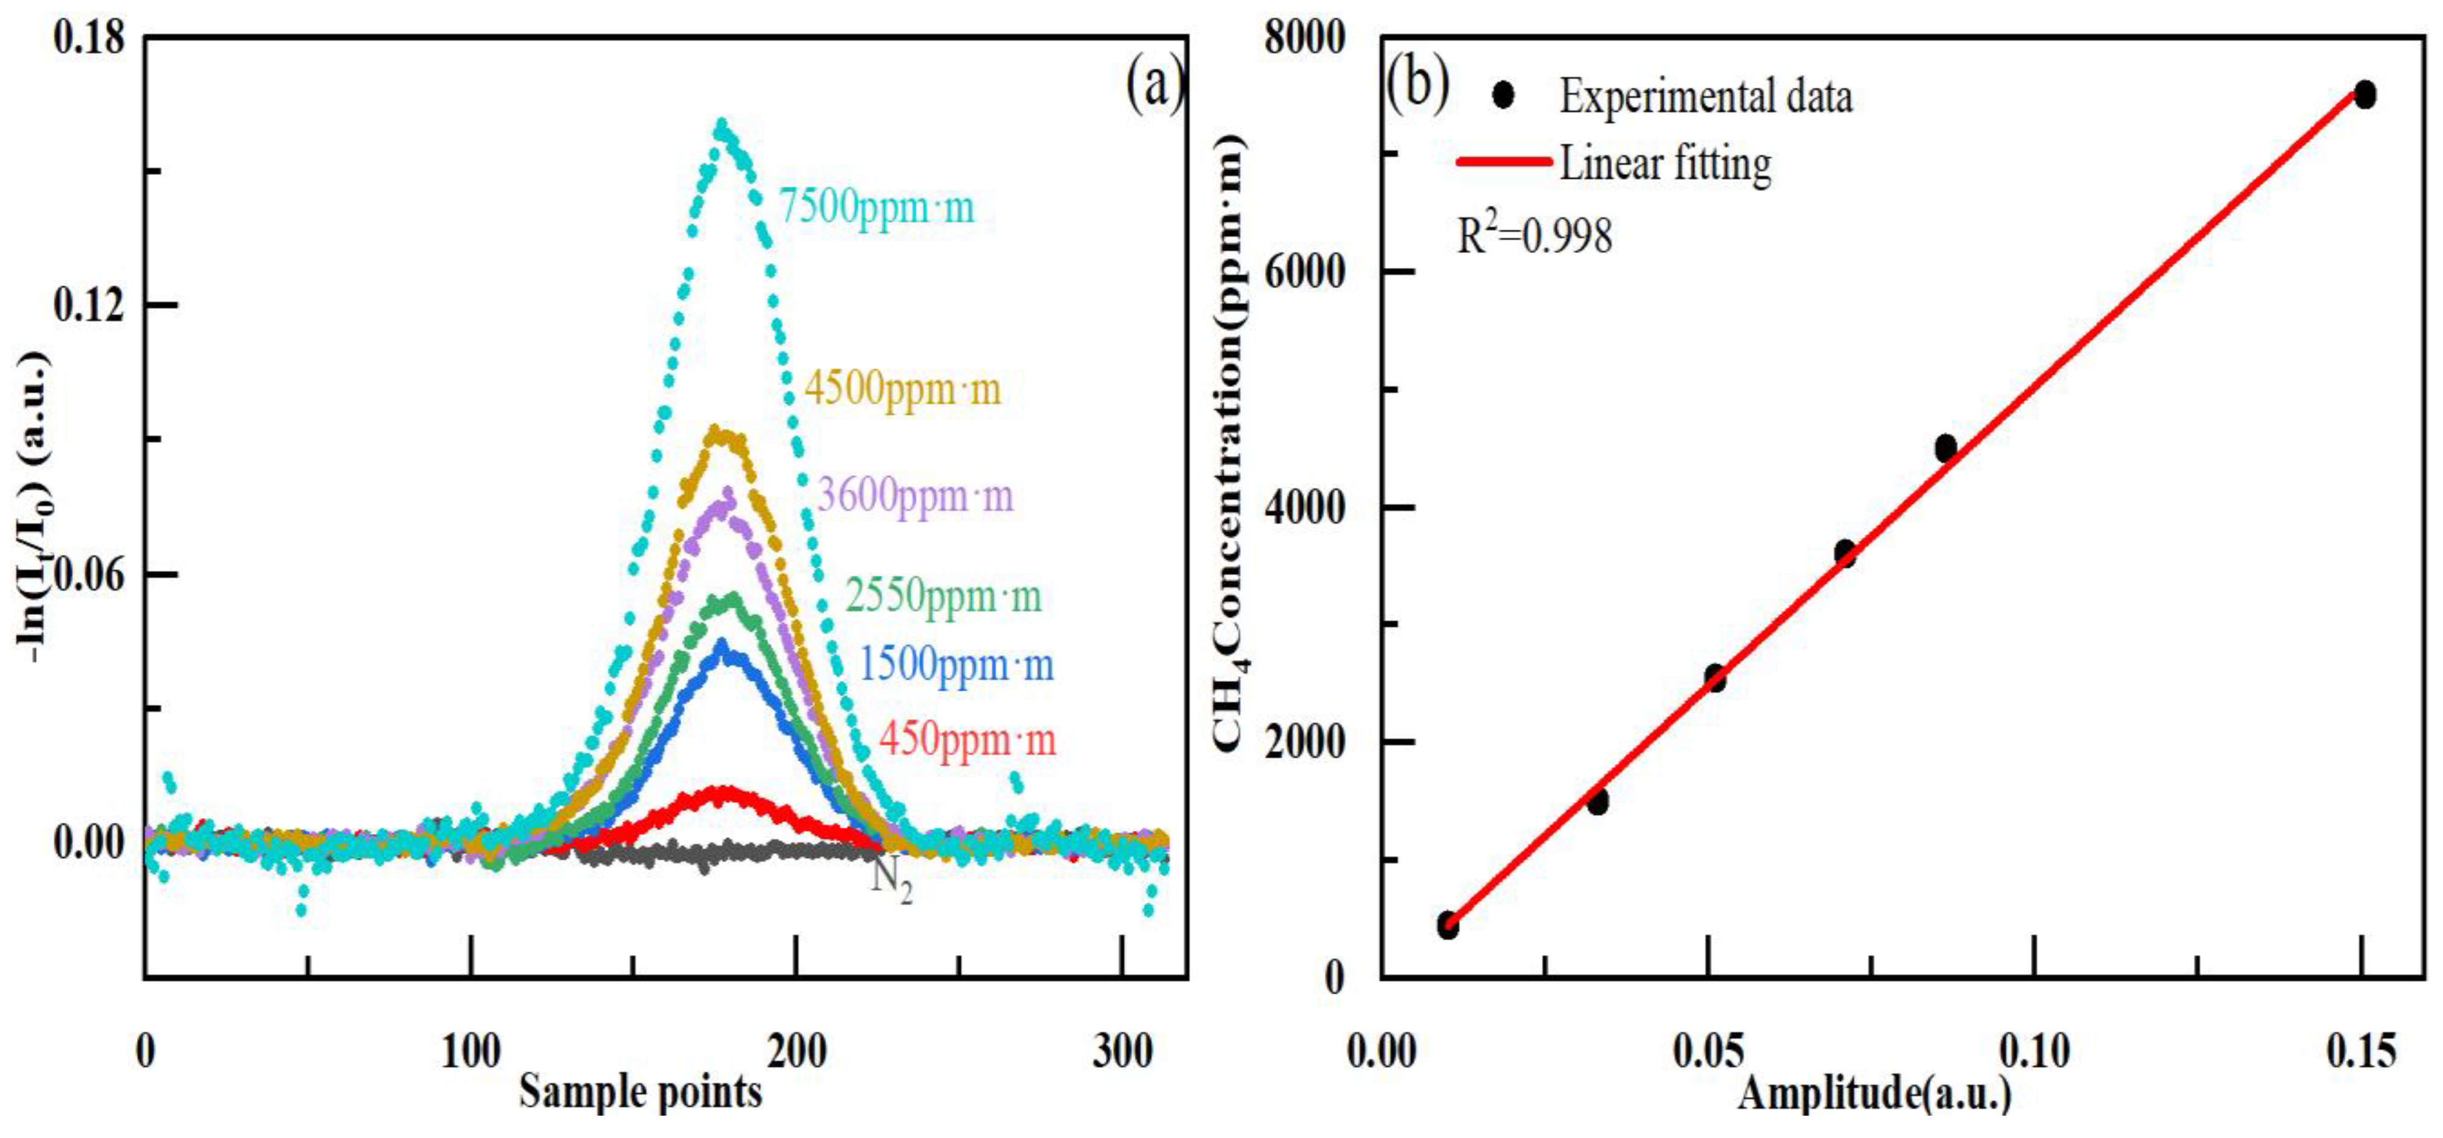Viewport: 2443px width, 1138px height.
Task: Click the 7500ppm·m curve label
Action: click(876, 207)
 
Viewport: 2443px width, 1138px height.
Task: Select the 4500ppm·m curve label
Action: click(902, 389)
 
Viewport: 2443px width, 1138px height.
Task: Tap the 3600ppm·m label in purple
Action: click(915, 496)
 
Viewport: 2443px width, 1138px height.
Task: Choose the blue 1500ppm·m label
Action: click(956, 664)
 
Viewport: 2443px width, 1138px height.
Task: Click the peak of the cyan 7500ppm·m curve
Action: click(723, 125)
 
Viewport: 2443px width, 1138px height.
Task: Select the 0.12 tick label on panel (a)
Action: click(89, 305)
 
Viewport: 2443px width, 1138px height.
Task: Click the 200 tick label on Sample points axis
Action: click(797, 1053)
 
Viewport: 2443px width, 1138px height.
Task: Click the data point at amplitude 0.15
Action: click(2365, 95)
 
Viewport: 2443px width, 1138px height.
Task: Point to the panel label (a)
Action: click(1154, 83)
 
